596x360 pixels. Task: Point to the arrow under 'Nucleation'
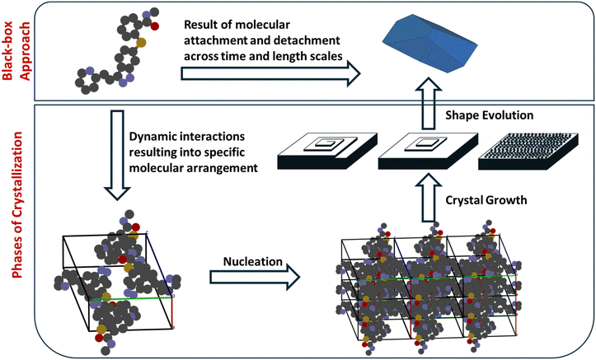[x=251, y=283]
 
